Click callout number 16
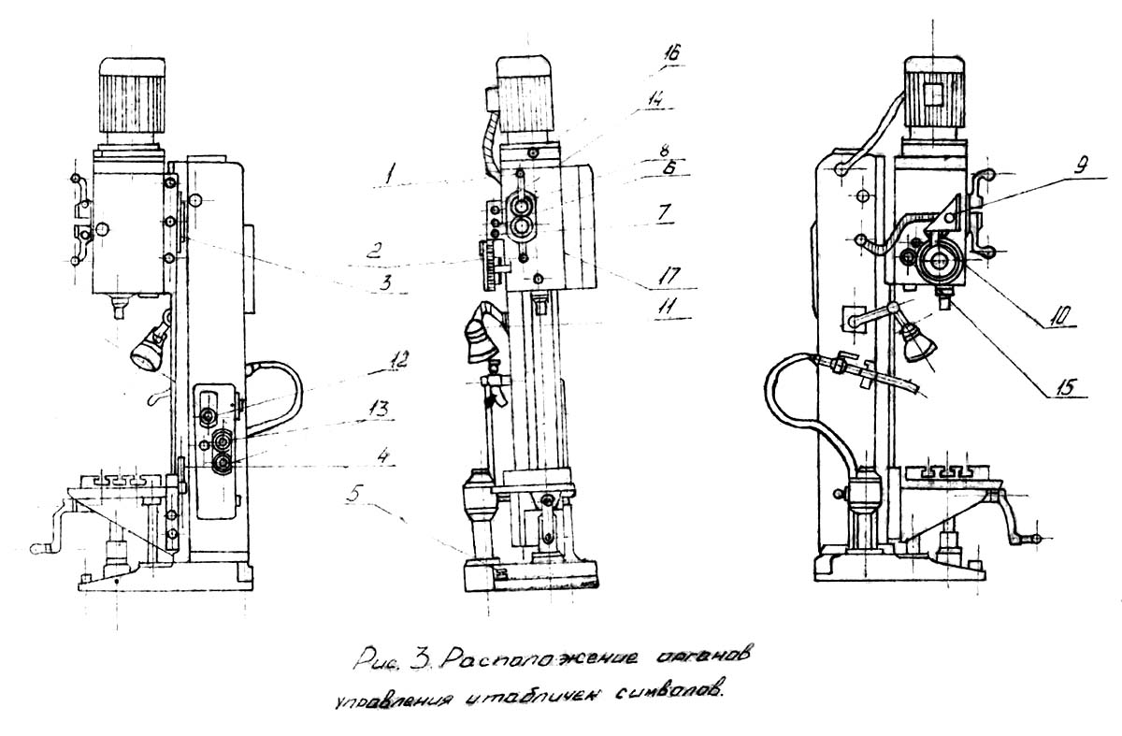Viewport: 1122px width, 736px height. (x=671, y=55)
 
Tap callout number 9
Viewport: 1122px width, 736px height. (x=1053, y=169)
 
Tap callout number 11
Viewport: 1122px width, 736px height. (x=670, y=306)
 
